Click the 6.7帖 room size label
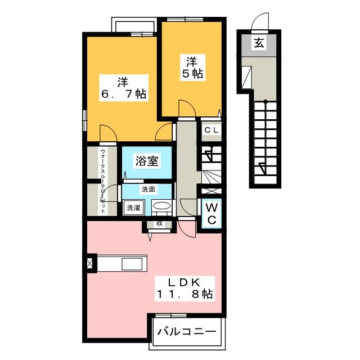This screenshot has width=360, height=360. (x=124, y=94)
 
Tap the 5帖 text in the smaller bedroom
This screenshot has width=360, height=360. (x=192, y=74)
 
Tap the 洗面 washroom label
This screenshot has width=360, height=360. (x=148, y=189)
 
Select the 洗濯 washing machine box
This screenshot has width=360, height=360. (x=133, y=208)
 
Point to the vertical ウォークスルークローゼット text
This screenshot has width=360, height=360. (x=103, y=180)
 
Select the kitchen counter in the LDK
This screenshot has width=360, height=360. (x=123, y=263)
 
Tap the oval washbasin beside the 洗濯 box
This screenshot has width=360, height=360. (x=162, y=207)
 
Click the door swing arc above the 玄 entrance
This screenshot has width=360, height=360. (x=260, y=21)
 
